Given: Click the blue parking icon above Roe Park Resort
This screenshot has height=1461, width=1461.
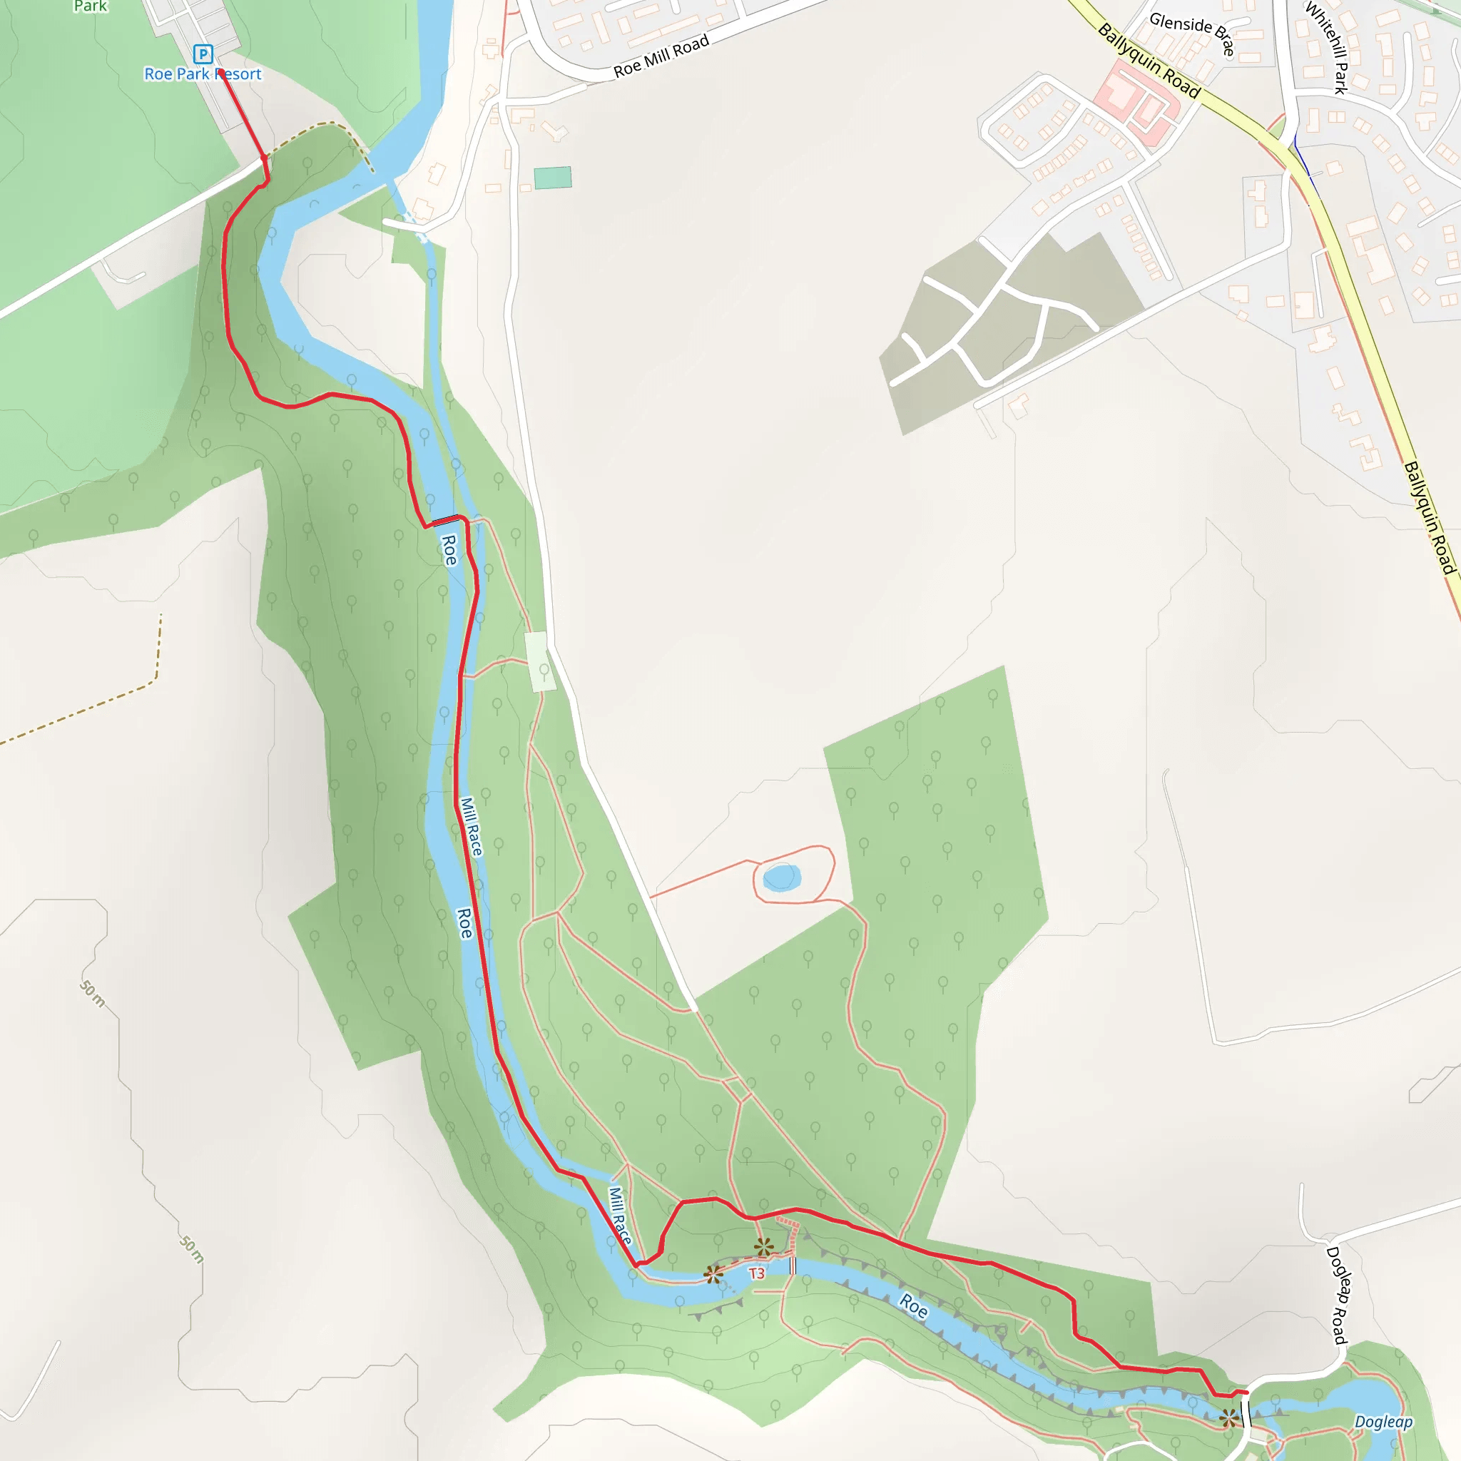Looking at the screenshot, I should tap(203, 54).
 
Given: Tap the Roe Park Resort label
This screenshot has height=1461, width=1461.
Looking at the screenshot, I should tap(203, 74).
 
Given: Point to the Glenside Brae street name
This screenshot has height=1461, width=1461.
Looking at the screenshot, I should tap(1193, 34).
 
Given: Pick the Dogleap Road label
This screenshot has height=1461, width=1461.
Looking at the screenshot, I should tap(1337, 1295).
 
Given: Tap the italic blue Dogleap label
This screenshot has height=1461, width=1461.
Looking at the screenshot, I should tap(1383, 1422).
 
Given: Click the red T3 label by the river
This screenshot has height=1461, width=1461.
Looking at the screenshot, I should tap(756, 1273).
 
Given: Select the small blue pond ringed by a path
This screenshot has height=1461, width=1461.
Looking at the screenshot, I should tap(781, 877).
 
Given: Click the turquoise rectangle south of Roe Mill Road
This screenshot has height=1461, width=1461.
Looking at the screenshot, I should tap(553, 178).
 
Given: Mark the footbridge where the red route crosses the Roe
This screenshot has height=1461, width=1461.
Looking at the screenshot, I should tap(446, 520).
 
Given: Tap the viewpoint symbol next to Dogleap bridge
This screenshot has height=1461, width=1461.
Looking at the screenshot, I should tap(1229, 1418).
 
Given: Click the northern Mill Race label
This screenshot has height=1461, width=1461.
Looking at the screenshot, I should tap(471, 827).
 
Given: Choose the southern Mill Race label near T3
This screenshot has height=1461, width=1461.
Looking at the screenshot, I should tap(620, 1215).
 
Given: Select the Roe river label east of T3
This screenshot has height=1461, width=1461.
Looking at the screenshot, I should tap(914, 1306).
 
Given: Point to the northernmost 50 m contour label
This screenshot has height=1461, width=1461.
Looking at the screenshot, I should tap(92, 994).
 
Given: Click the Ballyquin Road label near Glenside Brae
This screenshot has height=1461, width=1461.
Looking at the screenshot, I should tap(1149, 61).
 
